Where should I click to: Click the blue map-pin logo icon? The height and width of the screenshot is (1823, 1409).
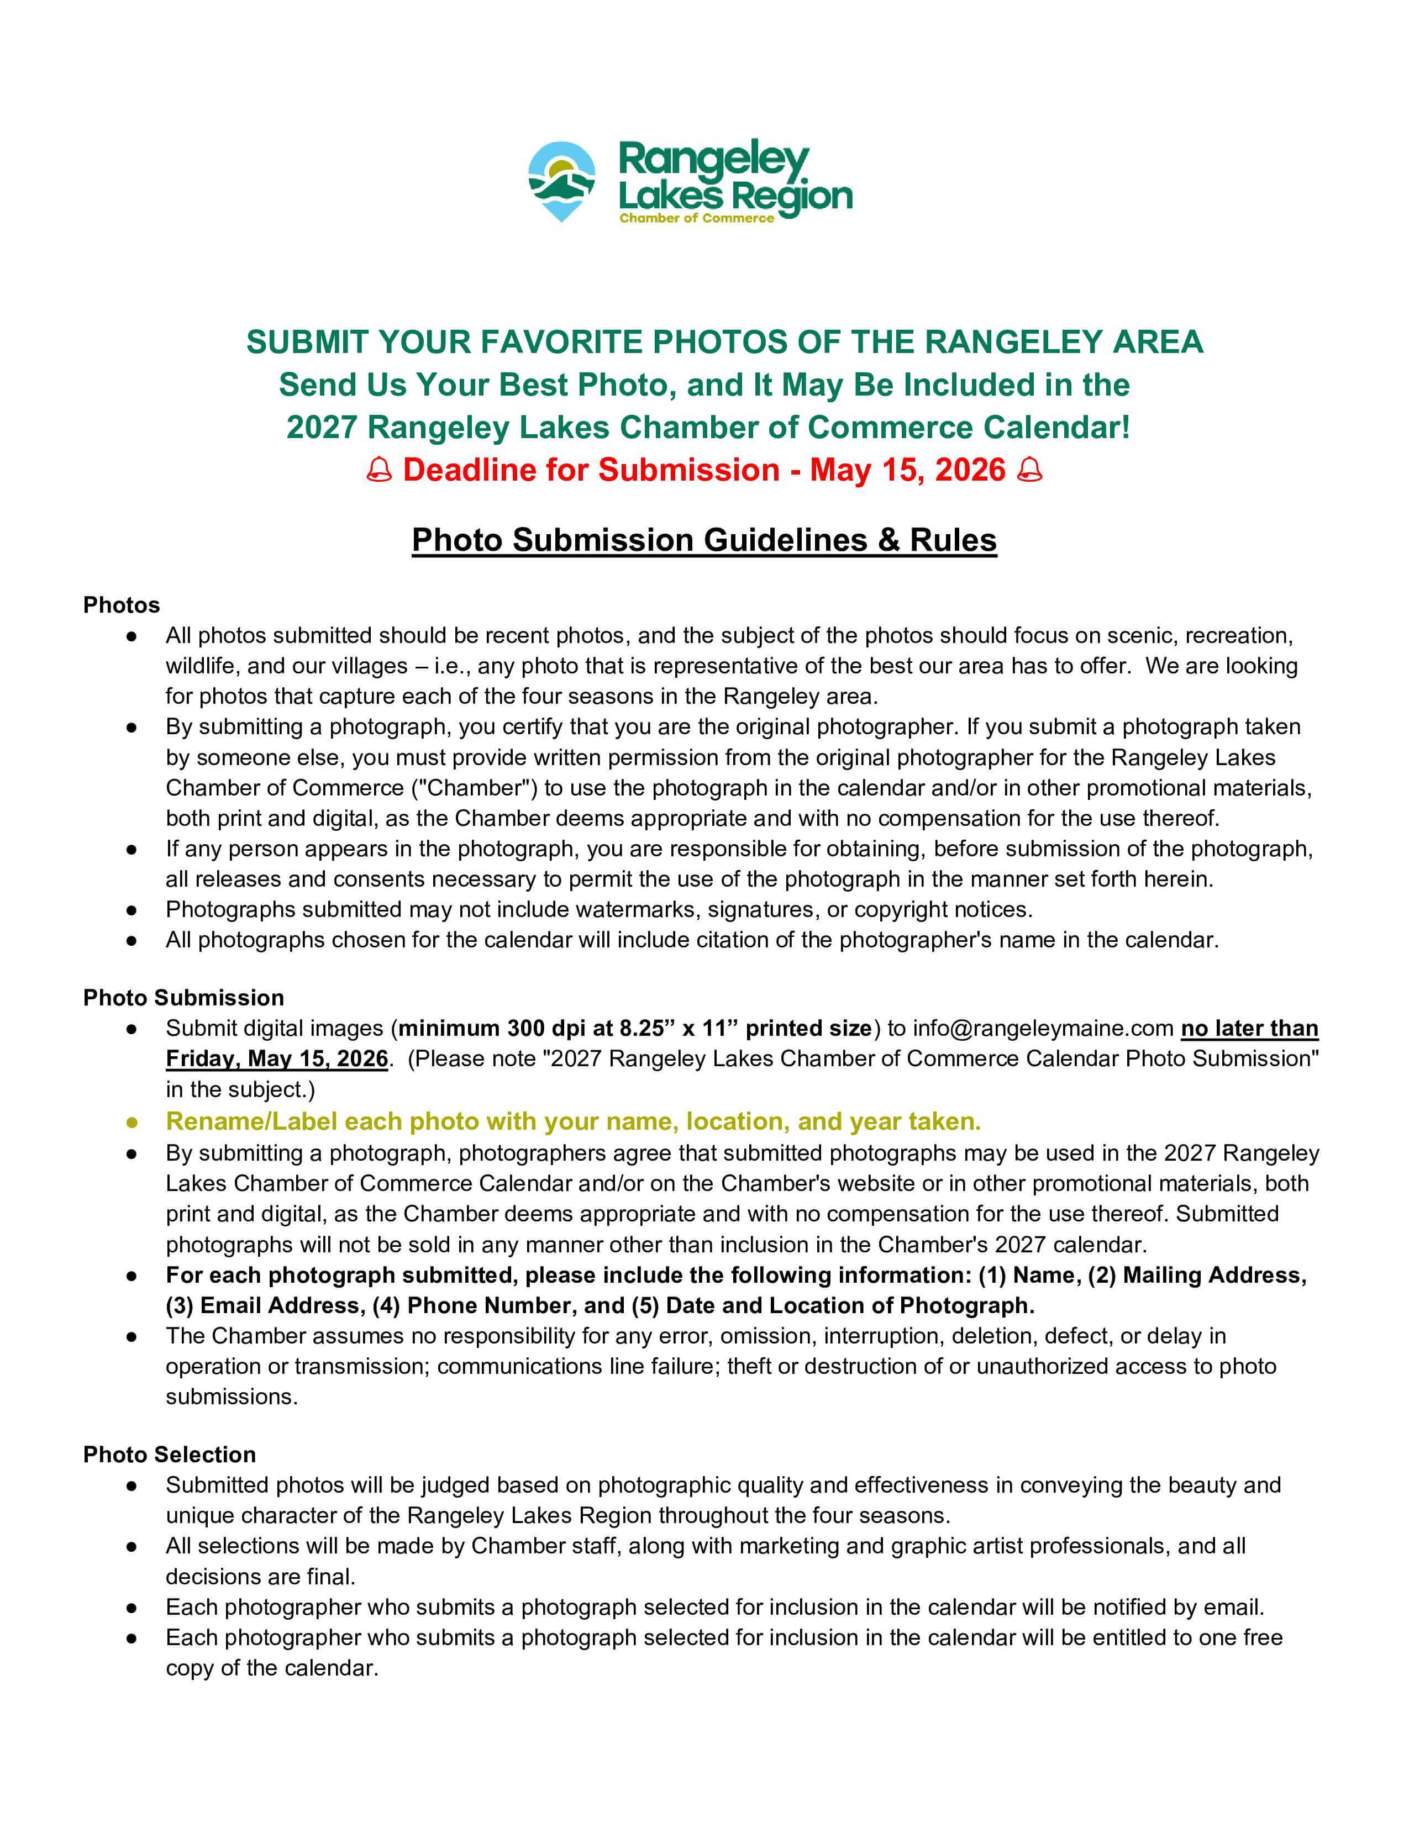(x=561, y=178)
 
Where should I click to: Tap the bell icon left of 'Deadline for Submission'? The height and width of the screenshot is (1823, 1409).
(x=380, y=470)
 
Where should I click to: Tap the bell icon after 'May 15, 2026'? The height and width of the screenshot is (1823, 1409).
(x=1030, y=470)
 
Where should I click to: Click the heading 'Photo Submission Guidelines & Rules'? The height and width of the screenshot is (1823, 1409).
(x=703, y=540)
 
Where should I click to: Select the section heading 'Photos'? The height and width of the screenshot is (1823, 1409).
(x=121, y=605)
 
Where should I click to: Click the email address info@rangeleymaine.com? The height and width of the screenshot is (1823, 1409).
(x=1043, y=1029)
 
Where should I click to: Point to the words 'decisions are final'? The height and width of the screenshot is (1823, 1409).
(x=260, y=1576)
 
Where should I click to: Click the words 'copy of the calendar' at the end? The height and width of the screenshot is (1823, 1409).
(x=271, y=1668)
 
